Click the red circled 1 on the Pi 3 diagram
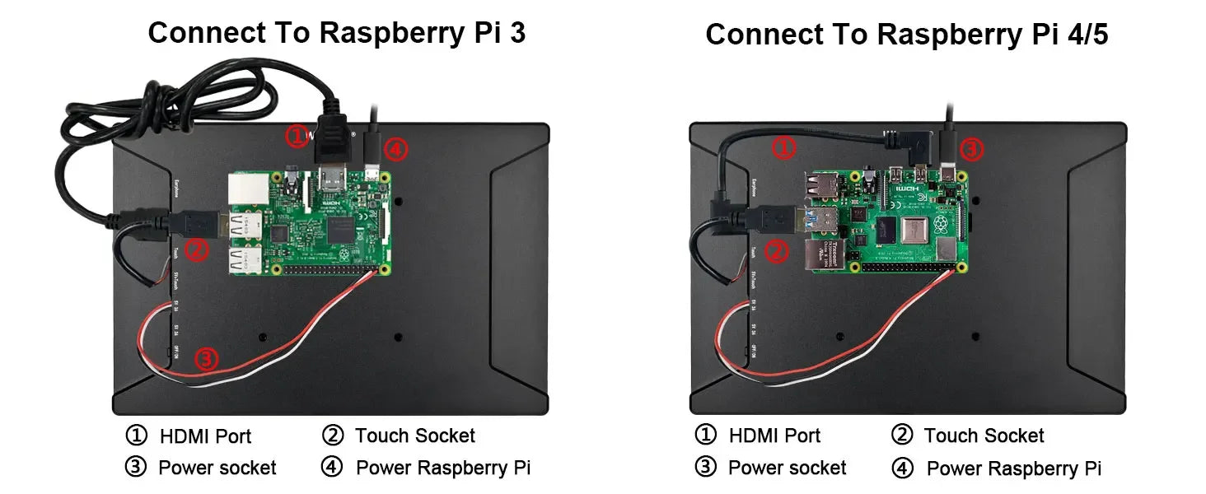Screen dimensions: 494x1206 [297, 136]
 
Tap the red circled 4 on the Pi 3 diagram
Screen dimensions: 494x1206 [396, 150]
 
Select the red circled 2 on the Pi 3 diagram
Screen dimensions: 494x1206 [196, 249]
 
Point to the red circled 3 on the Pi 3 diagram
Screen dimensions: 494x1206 [207, 359]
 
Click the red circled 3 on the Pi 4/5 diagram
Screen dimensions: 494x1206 [972, 149]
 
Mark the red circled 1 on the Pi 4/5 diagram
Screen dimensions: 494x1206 [784, 148]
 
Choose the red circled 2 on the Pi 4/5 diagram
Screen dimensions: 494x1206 [777, 251]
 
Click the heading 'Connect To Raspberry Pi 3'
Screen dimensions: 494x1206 [336, 33]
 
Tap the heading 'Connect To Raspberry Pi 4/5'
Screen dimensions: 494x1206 [912, 35]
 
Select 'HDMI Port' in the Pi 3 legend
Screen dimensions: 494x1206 [205, 436]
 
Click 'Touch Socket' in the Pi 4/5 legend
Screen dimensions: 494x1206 [984, 436]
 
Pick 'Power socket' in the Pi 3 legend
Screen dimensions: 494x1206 [217, 468]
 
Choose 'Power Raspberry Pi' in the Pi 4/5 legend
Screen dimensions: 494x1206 [1013, 469]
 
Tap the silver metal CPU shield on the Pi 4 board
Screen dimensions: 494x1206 [914, 230]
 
